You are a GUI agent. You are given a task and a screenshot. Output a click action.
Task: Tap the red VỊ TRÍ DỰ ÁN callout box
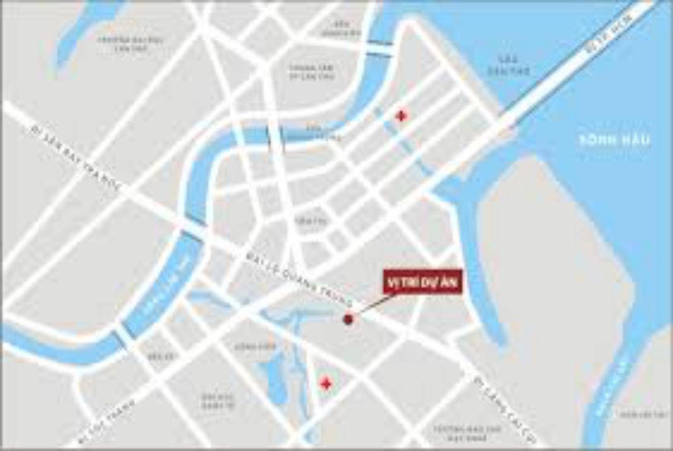[422, 281]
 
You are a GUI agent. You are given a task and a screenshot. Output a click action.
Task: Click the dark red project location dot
[348, 319]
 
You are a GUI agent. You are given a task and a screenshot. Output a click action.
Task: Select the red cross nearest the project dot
[326, 384]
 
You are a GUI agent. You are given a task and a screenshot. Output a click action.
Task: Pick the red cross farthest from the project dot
[400, 116]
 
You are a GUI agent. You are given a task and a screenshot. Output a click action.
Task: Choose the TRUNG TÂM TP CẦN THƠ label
[311, 72]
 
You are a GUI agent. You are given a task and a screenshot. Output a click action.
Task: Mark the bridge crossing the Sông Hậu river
[569, 67]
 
